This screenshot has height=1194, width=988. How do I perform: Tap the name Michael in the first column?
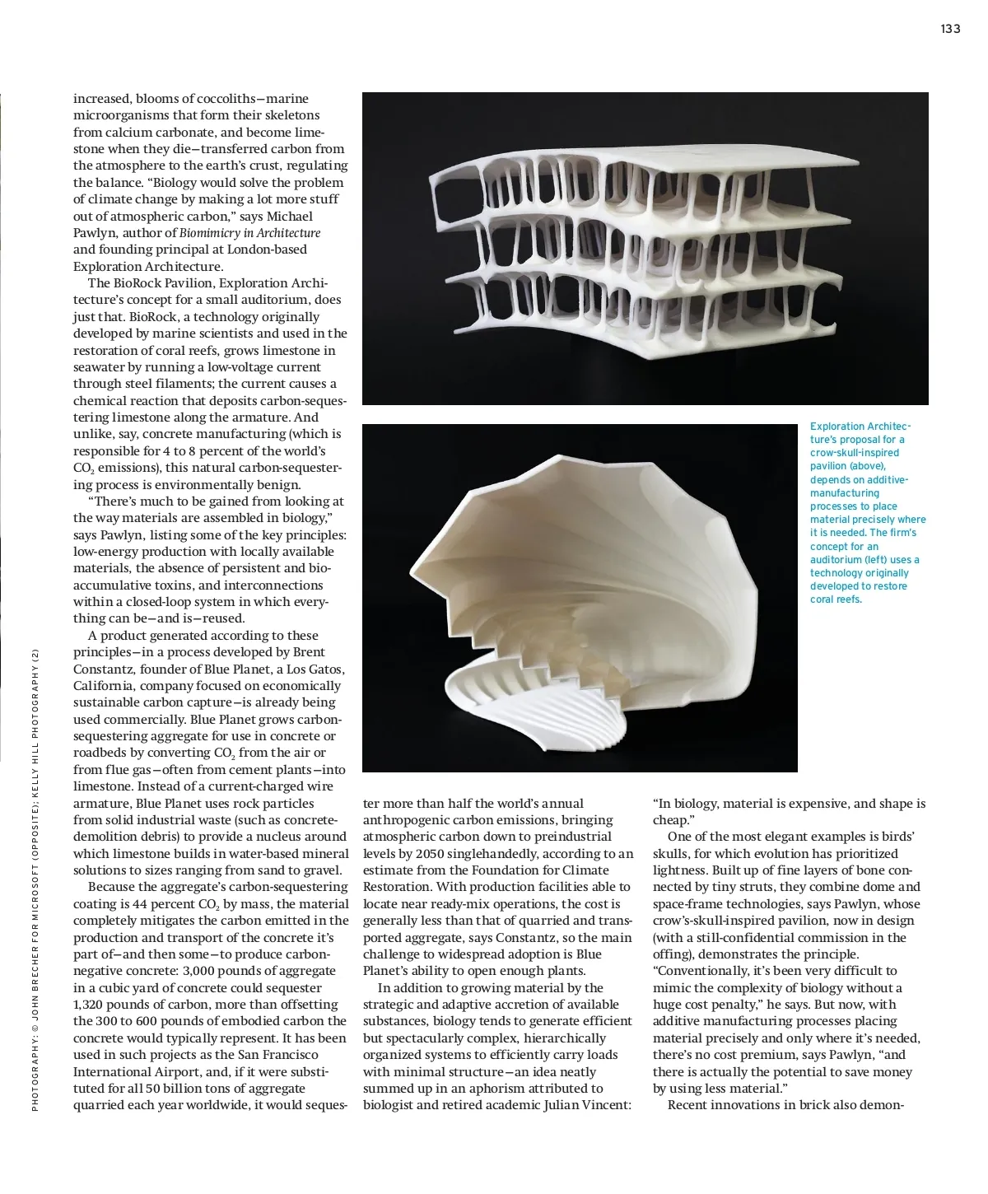289,217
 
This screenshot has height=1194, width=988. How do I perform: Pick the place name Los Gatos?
315,669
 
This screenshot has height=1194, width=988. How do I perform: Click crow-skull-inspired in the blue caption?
854,453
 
